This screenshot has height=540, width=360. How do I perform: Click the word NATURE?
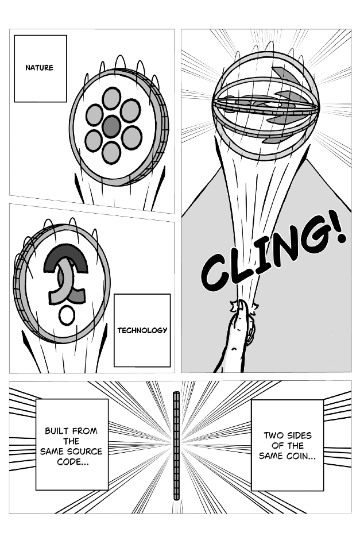click(39, 68)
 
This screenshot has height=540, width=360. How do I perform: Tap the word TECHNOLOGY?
click(142, 330)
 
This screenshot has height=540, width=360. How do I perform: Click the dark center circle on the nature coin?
click(112, 126)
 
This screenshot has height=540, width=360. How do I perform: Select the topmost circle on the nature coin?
click(112, 98)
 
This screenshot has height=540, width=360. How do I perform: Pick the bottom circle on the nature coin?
click(111, 152)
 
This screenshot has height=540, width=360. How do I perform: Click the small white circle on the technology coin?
click(67, 315)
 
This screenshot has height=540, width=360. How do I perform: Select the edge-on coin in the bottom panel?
click(176, 445)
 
